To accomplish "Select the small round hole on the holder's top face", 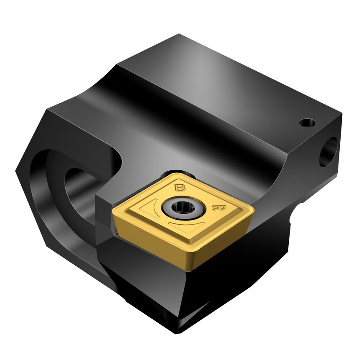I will (307, 123).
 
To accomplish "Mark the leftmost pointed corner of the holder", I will (16, 171).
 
